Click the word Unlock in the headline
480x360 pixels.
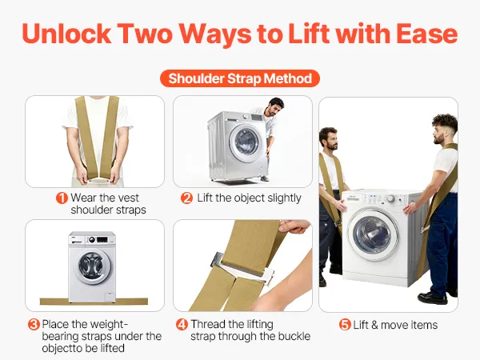coord(66,34)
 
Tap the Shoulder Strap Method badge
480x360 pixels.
coord(240,78)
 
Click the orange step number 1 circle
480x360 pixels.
coord(62,198)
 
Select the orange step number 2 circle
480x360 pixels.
coord(186,198)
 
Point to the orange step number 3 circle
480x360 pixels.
coord(34,324)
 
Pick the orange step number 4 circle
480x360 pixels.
coord(182,324)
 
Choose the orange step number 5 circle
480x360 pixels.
coord(345,325)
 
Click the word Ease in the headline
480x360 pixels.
coord(427,34)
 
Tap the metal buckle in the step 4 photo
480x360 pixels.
coord(242,267)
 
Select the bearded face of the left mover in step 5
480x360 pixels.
coord(329,140)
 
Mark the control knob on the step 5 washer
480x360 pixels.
coord(391,198)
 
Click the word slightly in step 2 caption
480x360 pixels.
coord(284,198)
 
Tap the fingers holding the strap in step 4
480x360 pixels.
coord(294,226)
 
